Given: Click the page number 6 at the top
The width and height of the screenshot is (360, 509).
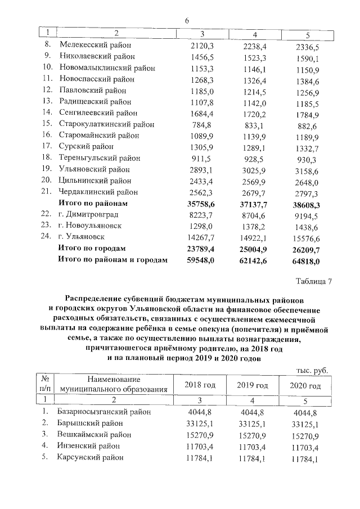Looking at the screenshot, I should [x=186, y=21].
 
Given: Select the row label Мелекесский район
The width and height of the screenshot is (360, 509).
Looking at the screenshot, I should [x=95, y=44].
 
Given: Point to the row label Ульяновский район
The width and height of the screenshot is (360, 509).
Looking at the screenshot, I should [x=94, y=169].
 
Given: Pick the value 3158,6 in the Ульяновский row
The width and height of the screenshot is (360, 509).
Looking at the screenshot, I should [x=307, y=170].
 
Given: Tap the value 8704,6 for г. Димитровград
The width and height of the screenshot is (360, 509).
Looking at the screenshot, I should [x=251, y=215].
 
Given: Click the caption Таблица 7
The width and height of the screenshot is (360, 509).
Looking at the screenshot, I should [x=313, y=282].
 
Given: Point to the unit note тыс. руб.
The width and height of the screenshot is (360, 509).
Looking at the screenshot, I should [x=311, y=370].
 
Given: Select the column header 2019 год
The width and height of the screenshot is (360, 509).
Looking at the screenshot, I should [x=251, y=385].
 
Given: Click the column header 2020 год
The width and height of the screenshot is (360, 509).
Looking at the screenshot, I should [x=305, y=386].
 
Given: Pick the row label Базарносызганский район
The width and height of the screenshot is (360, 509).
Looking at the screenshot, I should [x=104, y=412].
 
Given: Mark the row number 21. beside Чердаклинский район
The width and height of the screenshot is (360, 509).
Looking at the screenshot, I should [x=47, y=192].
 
